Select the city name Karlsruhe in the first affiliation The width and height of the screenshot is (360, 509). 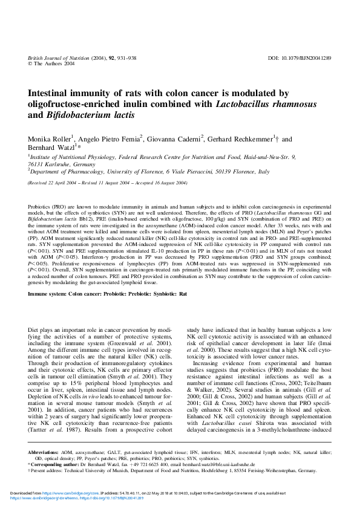coord(57,164)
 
